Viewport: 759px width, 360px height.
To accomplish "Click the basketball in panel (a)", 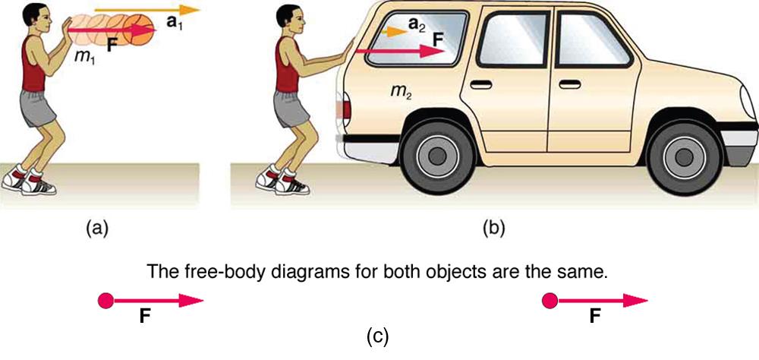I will pyautogui.click(x=140, y=29).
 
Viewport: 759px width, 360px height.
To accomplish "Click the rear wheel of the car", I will pyautogui.click(x=436, y=154).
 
